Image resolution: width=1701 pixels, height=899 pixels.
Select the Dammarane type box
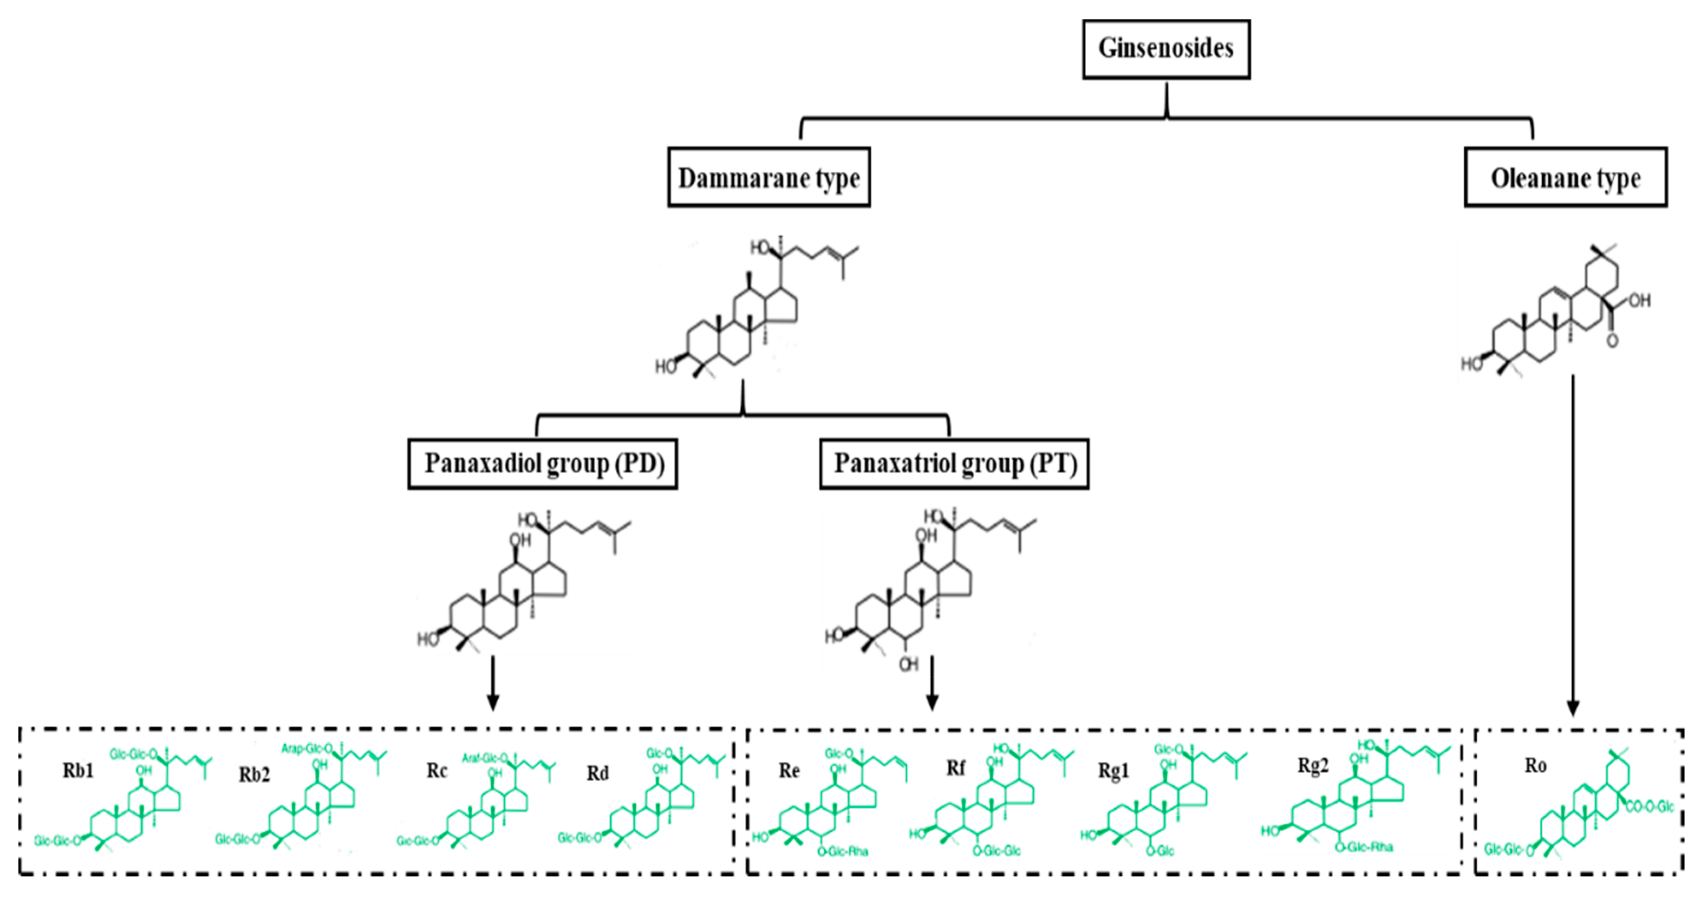click(x=769, y=178)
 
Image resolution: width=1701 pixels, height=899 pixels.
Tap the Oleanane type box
click(x=1565, y=178)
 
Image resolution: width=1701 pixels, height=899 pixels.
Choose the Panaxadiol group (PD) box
click(x=542, y=464)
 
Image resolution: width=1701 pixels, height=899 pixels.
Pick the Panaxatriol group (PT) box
click(x=954, y=464)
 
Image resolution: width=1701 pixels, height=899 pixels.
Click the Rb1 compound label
click(x=78, y=770)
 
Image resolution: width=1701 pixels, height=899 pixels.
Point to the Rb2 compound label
click(x=254, y=774)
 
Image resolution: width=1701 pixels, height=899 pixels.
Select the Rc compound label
click(x=437, y=770)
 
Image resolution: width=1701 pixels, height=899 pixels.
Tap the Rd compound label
click(x=597, y=773)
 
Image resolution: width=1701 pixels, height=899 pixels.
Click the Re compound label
click(x=789, y=770)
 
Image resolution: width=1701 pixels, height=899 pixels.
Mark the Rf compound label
click(x=956, y=768)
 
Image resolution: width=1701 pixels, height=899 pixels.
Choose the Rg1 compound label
click(x=1113, y=770)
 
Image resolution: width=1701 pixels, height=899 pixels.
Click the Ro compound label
click(x=1535, y=765)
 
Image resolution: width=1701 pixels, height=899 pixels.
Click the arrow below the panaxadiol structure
click(x=492, y=683)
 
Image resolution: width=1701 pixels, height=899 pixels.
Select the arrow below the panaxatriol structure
click(x=932, y=683)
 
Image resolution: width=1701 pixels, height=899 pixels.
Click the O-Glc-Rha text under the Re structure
click(x=842, y=851)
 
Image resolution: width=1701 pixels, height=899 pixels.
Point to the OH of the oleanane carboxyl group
click(x=1639, y=301)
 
